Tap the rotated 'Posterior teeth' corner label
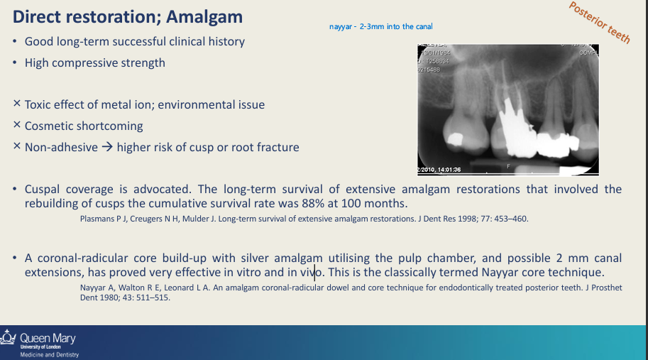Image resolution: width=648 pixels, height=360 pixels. point(600,23)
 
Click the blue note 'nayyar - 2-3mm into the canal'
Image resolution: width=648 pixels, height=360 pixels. point(381,26)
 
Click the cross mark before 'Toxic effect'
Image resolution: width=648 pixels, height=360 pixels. point(16,104)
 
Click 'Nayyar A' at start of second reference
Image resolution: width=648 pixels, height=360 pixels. point(96,288)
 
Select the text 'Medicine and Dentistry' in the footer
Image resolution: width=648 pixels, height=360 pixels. point(49,354)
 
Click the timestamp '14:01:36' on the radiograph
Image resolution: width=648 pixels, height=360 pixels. point(447,170)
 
